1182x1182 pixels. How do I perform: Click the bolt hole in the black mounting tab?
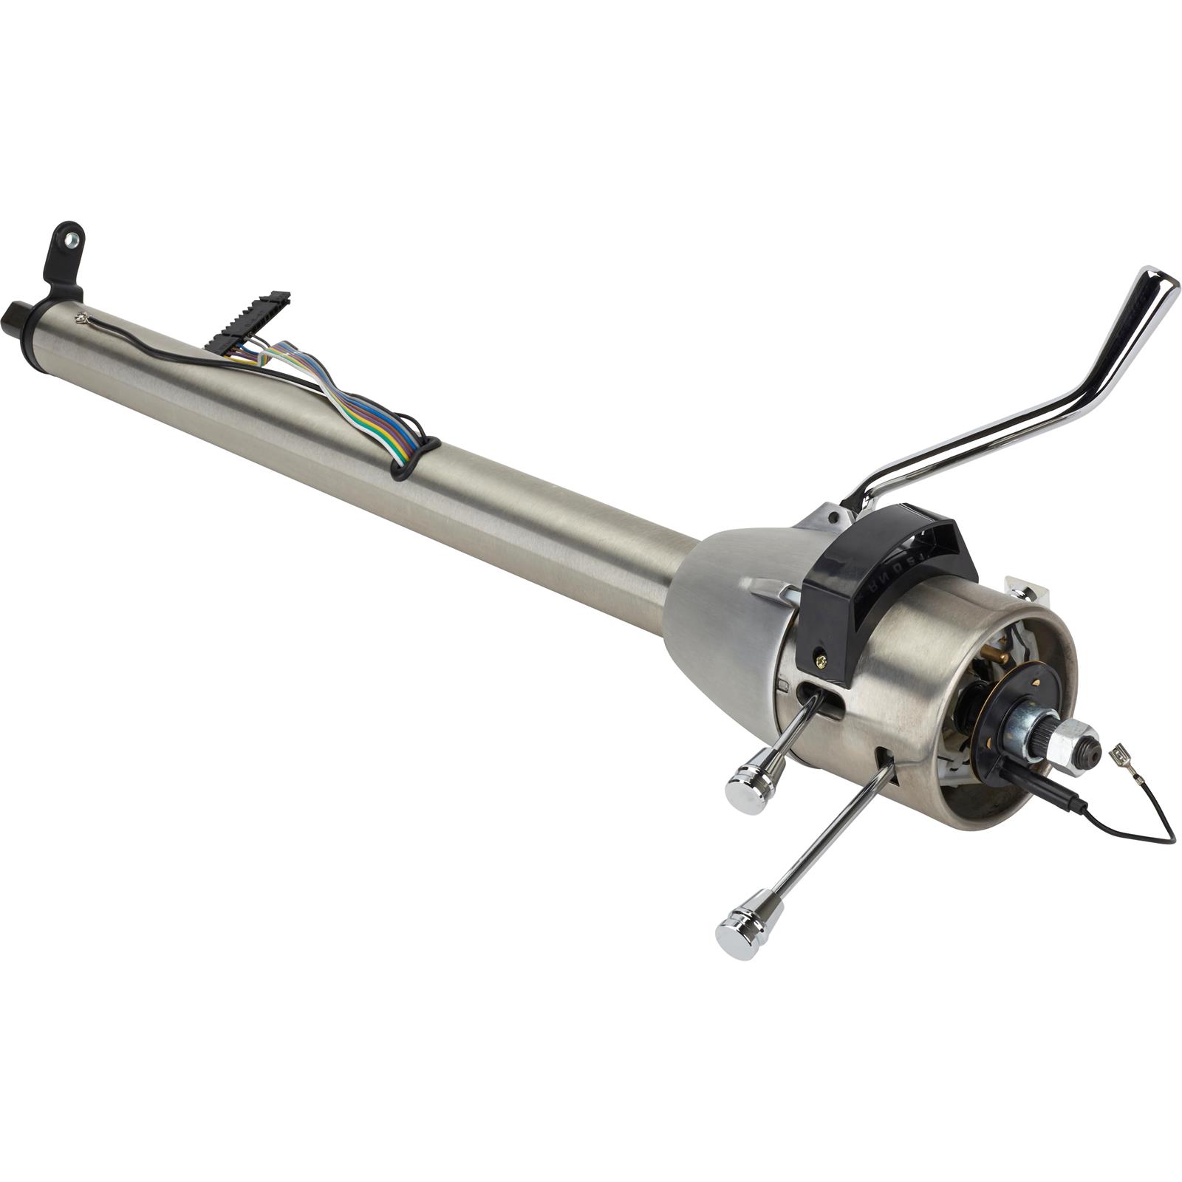click(x=72, y=239)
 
